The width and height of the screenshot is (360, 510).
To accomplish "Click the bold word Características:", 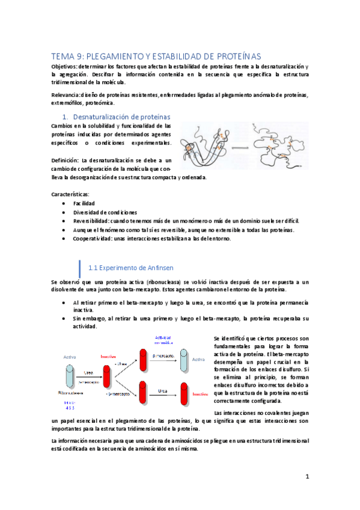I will tap(70, 194).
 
